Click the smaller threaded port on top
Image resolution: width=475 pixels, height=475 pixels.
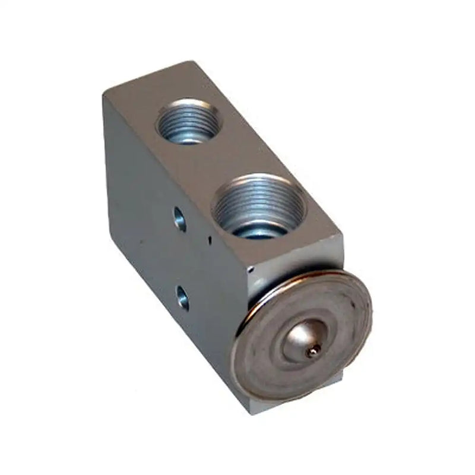click(188, 121)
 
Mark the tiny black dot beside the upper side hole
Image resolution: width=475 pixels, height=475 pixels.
click(209, 239)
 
